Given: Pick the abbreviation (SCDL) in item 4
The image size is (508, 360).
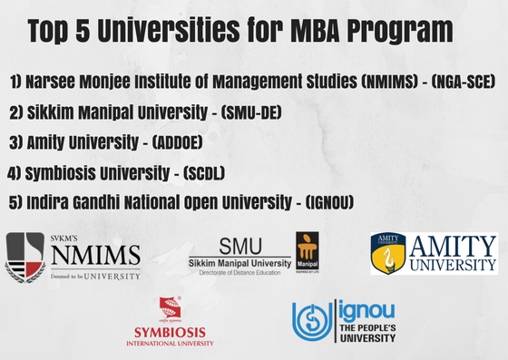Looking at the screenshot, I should coord(223,171).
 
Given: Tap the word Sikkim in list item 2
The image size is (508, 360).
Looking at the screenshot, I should coord(51,112).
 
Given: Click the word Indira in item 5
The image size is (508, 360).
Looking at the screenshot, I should coord(49,200).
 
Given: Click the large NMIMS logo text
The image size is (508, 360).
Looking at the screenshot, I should coord(94,253).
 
